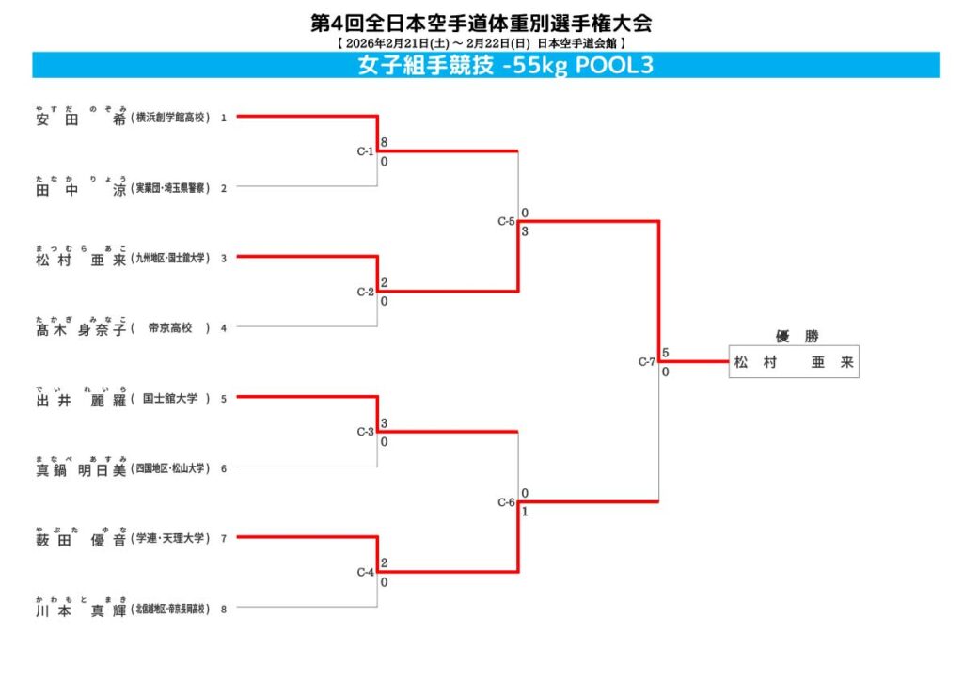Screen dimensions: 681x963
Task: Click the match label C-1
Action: (x=365, y=151)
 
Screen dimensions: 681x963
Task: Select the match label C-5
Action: (x=506, y=222)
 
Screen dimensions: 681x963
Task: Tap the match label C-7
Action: (x=647, y=361)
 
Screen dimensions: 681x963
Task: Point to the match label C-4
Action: (x=365, y=572)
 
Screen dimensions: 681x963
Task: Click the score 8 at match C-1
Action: (x=384, y=143)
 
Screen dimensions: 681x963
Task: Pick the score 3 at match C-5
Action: (x=524, y=231)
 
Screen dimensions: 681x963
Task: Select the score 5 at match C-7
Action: (x=665, y=353)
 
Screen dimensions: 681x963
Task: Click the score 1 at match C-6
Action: (x=524, y=512)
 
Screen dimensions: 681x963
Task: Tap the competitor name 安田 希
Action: (x=80, y=119)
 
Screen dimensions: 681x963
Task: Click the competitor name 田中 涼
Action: (x=80, y=188)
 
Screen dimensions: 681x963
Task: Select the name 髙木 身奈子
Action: (x=80, y=328)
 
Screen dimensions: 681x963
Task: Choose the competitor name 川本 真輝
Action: (x=80, y=610)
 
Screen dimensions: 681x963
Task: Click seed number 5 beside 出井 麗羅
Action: (x=224, y=399)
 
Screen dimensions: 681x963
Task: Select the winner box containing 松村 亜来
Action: (x=794, y=363)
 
